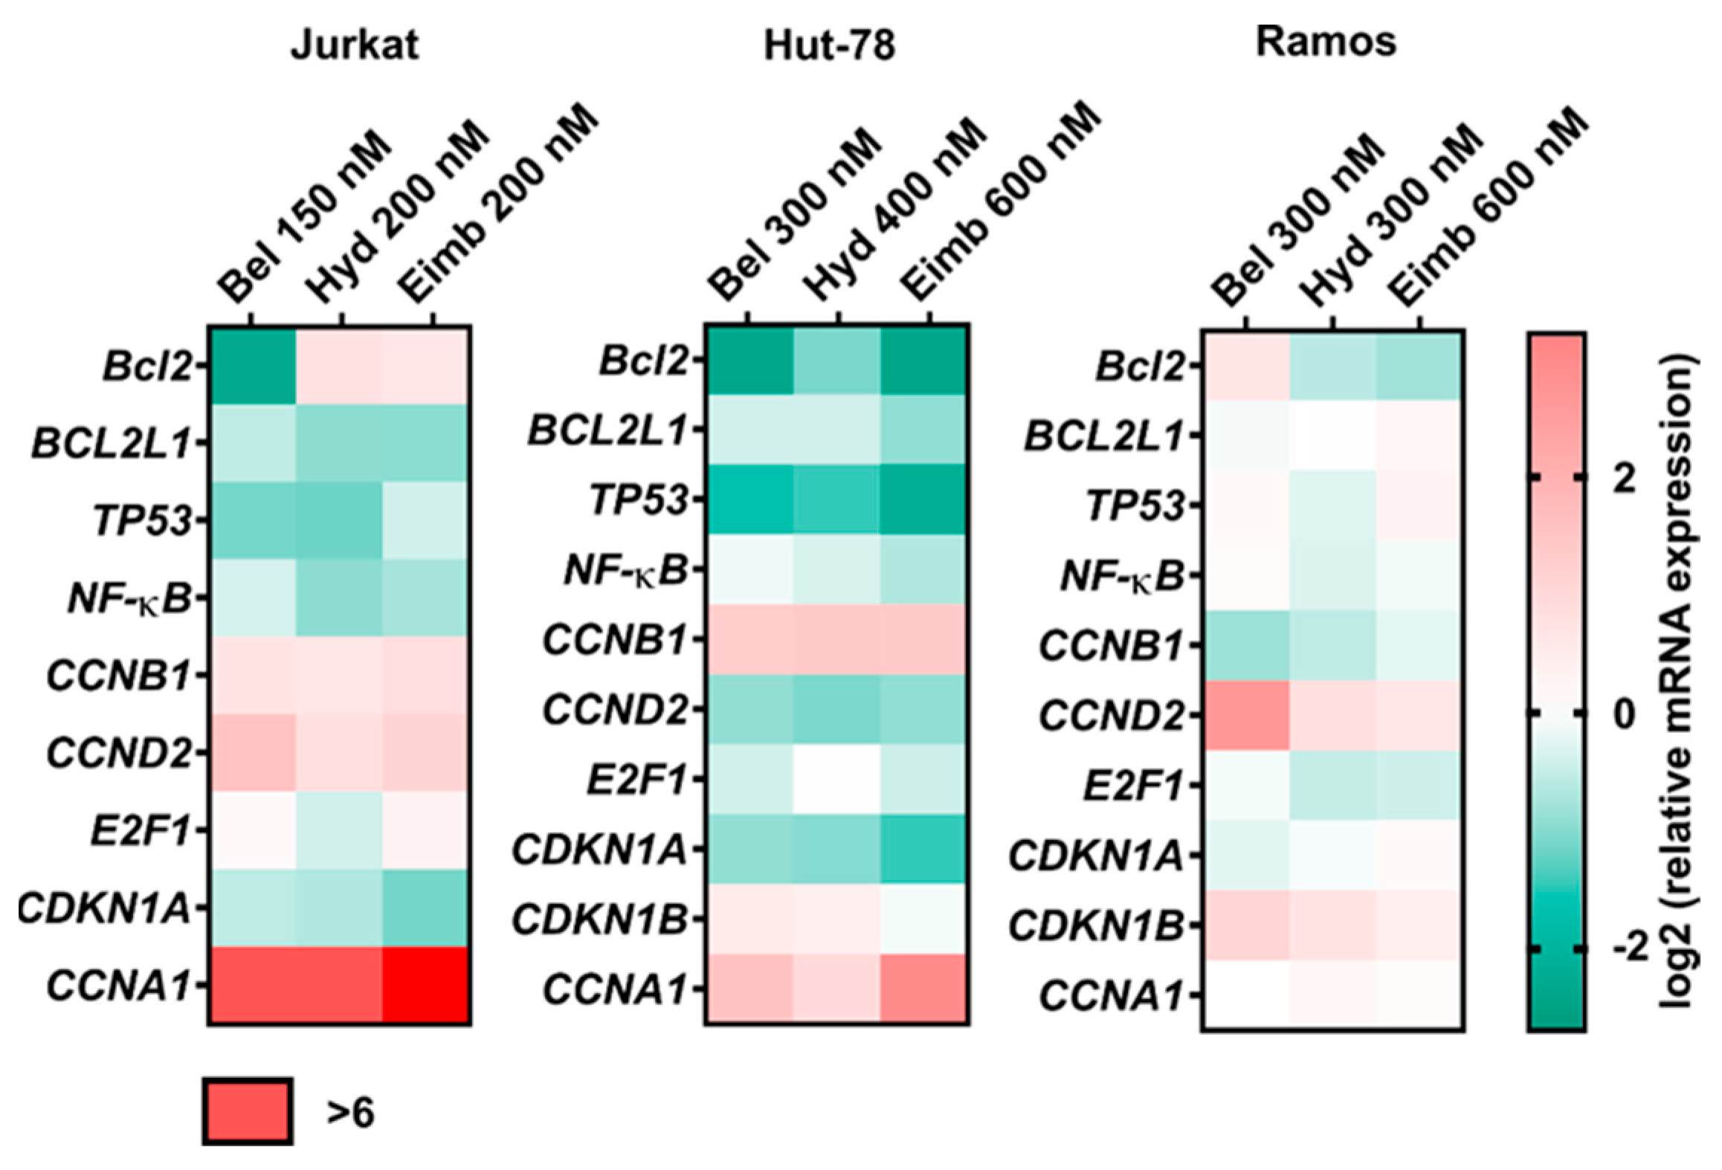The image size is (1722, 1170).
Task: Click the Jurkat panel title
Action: tap(354, 45)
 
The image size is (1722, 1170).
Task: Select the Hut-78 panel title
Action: tap(829, 45)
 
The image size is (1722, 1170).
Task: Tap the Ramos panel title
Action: tap(1326, 42)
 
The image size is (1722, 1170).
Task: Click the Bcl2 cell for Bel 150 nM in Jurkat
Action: tap(253, 366)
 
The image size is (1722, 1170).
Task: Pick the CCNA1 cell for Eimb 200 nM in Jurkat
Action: tap(426, 986)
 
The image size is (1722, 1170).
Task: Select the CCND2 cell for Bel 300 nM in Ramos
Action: tap(1245, 715)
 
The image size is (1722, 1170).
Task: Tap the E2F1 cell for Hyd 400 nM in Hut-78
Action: tap(837, 779)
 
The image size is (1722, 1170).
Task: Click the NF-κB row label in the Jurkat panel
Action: tap(129, 598)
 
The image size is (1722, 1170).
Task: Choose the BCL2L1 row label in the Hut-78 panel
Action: tap(607, 430)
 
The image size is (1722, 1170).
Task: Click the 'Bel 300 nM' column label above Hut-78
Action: tap(793, 216)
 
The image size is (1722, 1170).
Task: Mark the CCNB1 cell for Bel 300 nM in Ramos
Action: tap(1245, 645)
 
